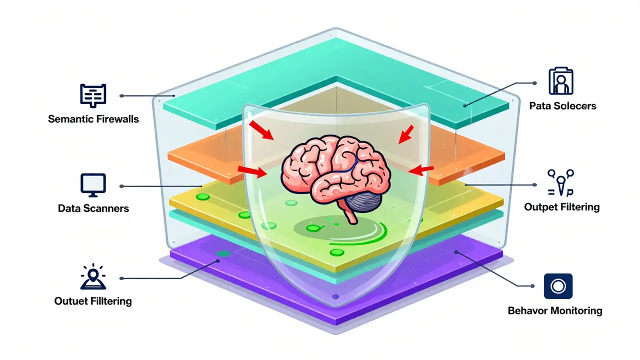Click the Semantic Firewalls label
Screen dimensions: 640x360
click(x=93, y=119)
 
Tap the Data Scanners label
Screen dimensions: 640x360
click(x=93, y=208)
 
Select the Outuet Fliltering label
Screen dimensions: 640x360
click(x=93, y=301)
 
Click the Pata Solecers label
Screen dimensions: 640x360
click(x=562, y=106)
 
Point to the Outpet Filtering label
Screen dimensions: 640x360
click(x=561, y=207)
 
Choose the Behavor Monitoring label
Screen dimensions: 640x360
click(x=555, y=310)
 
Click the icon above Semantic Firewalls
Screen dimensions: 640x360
click(x=93, y=95)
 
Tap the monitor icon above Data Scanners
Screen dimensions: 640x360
click(x=93, y=185)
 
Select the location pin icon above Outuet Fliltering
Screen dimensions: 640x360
click(x=93, y=277)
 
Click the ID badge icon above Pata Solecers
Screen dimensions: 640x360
click(x=561, y=81)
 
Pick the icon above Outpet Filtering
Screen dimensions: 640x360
click(x=560, y=183)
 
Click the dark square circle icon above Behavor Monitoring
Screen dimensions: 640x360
click(x=558, y=286)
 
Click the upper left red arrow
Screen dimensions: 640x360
click(x=261, y=130)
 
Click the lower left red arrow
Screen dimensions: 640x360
click(x=252, y=171)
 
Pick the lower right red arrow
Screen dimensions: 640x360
click(x=421, y=170)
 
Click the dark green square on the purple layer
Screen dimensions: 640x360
click(x=223, y=253)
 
